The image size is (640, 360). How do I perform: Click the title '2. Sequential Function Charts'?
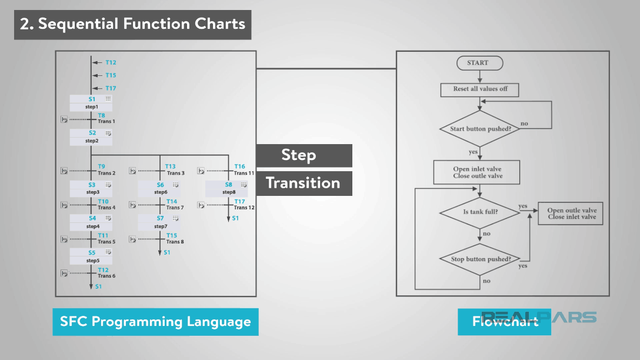click(132, 24)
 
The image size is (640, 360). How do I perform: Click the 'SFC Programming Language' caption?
click(155, 322)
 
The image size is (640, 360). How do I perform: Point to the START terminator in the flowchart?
click(479, 63)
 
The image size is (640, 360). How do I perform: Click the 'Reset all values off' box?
click(479, 89)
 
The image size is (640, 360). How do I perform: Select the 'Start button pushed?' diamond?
click(479, 129)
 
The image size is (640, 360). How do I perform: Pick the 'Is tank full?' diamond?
click(479, 211)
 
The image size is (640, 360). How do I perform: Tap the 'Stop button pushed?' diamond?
click(479, 259)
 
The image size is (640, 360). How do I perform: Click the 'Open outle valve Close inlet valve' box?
click(571, 214)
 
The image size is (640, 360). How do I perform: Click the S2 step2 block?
click(91, 137)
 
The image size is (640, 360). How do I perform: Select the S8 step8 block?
click(228, 188)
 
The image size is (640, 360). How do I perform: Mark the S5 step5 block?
click(91, 256)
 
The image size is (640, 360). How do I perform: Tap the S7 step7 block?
click(160, 222)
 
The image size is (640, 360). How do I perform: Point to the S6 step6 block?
click(160, 188)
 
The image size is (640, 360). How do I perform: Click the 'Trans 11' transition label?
click(244, 174)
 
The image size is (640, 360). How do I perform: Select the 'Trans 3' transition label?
click(175, 174)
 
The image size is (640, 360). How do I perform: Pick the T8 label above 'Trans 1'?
click(101, 115)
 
